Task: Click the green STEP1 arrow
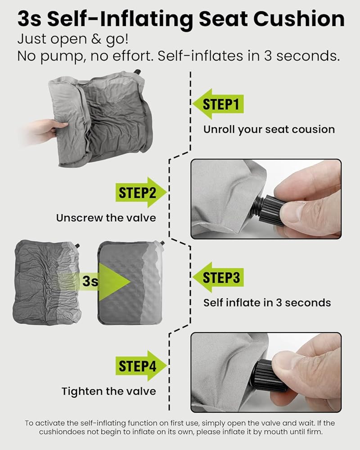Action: [x=218, y=104]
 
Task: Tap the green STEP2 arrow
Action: [x=141, y=192]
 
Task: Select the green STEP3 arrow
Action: [x=218, y=277]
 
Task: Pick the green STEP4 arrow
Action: [x=141, y=365]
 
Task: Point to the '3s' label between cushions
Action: [x=90, y=281]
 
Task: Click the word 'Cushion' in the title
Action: [x=299, y=19]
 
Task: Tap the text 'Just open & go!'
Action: [x=73, y=39]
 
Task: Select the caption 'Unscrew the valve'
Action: [x=106, y=218]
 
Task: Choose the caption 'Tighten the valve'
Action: [x=109, y=391]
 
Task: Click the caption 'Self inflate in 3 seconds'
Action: [x=267, y=303]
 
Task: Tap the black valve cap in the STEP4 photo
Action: [x=268, y=376]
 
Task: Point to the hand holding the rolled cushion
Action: [x=46, y=131]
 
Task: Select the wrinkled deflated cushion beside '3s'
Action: [x=46, y=283]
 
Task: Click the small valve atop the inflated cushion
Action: [x=162, y=243]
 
